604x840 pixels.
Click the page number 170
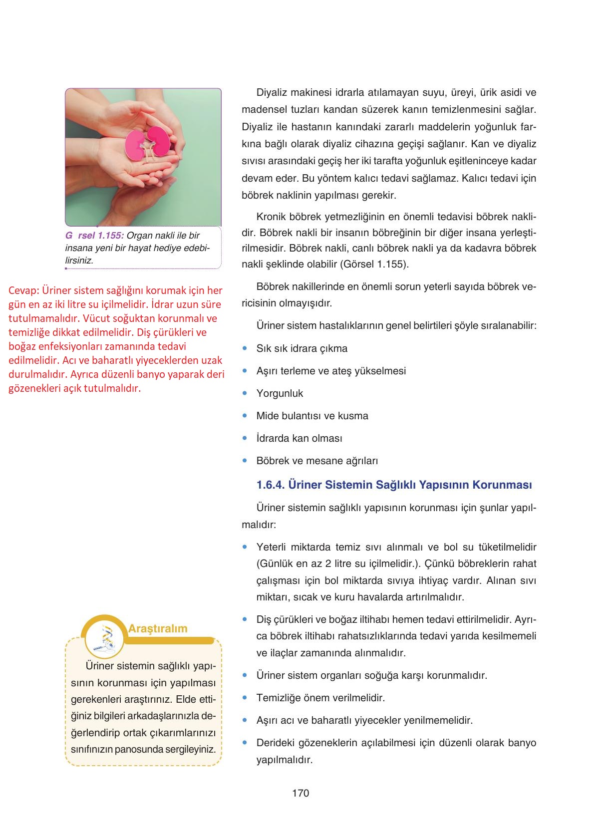pos(301,793)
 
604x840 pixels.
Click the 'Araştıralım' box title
pos(158,628)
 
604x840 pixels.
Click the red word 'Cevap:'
pos(23,290)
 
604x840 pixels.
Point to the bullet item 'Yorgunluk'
pos(280,393)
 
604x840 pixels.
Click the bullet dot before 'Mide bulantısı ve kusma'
pos(245,415)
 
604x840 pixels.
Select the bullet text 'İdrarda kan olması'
pos(299,438)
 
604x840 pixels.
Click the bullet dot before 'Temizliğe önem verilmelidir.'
pos(245,697)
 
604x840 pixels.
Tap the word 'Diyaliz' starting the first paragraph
pos(273,92)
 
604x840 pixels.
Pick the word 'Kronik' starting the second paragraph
pos(272,217)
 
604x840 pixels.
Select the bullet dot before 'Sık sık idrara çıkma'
pos(245,348)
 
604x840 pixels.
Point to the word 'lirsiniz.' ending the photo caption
pos(79,261)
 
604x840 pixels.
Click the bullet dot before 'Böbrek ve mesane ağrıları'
pos(245,460)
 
